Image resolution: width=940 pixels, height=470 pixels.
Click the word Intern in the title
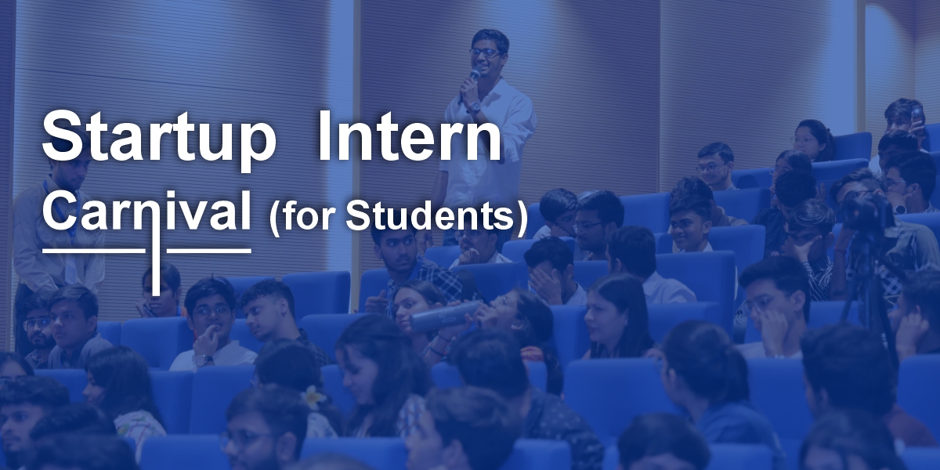coord(409,136)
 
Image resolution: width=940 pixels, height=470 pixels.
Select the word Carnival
coord(147,211)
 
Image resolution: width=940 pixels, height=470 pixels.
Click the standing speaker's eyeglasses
coord(485,53)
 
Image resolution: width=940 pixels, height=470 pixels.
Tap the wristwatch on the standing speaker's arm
coord(475,107)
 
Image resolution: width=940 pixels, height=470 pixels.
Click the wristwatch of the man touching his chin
coord(204,360)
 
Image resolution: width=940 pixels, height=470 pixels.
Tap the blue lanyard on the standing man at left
coord(63,219)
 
